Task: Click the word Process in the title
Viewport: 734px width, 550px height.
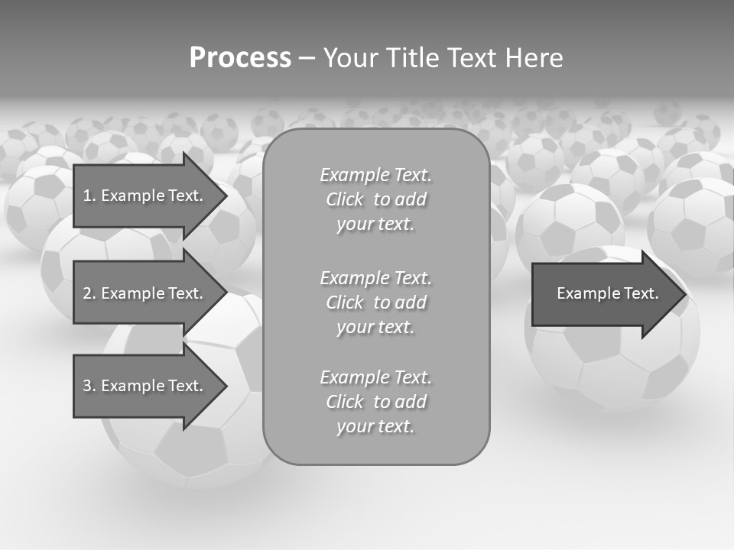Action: click(x=240, y=58)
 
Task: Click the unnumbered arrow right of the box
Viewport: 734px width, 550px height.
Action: click(x=604, y=293)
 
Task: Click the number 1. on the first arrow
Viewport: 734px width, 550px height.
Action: click(x=89, y=196)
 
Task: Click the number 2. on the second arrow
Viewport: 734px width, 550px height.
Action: click(x=89, y=293)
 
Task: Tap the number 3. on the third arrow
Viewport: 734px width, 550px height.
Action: click(x=89, y=386)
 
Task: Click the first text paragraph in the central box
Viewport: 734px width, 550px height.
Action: click(x=375, y=199)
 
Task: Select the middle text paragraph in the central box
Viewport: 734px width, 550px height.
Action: click(x=375, y=302)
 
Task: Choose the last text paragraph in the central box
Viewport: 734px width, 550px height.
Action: click(x=375, y=402)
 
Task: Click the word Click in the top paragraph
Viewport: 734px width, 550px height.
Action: click(x=345, y=199)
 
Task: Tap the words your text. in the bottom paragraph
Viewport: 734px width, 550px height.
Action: click(x=375, y=426)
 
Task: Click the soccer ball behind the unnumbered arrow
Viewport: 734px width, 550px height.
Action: click(x=612, y=367)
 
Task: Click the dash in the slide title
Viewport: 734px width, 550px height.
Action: click(x=307, y=58)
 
